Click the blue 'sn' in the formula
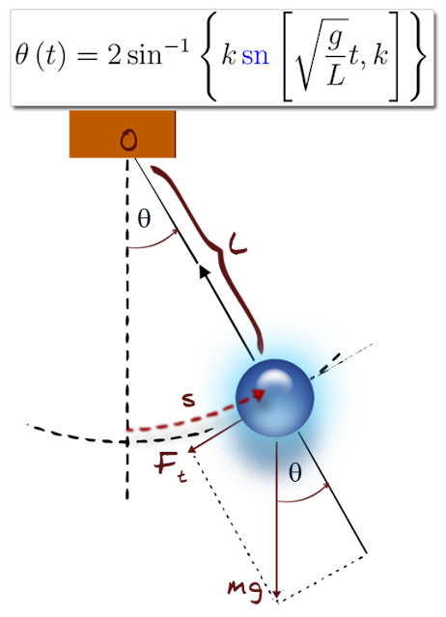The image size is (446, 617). tap(255, 56)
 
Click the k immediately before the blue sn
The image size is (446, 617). tap(229, 55)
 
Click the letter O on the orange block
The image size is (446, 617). tap(127, 141)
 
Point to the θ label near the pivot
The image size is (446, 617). tap(144, 219)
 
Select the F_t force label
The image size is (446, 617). tap(171, 465)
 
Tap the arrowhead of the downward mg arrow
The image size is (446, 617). tap(278, 592)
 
